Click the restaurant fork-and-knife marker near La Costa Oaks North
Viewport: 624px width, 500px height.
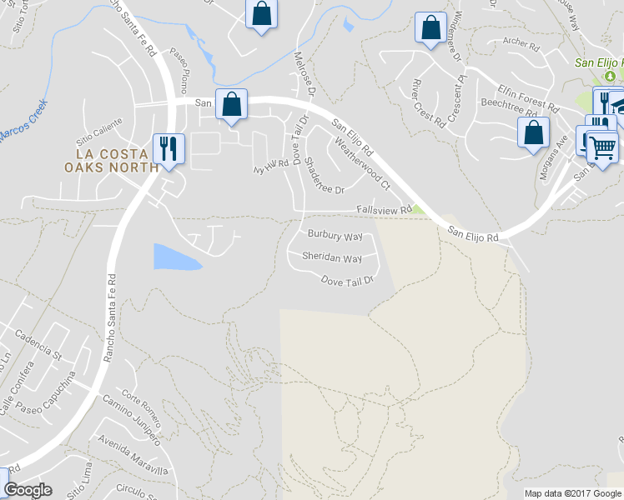pos(169,148)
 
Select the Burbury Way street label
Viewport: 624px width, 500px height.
pos(335,236)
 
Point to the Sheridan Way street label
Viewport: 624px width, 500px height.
pos(332,257)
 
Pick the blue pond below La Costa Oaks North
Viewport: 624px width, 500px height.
pos(176,257)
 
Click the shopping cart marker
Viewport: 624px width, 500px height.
pos(602,147)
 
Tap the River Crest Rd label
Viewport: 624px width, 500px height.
pos(428,102)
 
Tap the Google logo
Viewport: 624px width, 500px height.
pos(28,490)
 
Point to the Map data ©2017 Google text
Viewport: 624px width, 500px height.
pos(572,493)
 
